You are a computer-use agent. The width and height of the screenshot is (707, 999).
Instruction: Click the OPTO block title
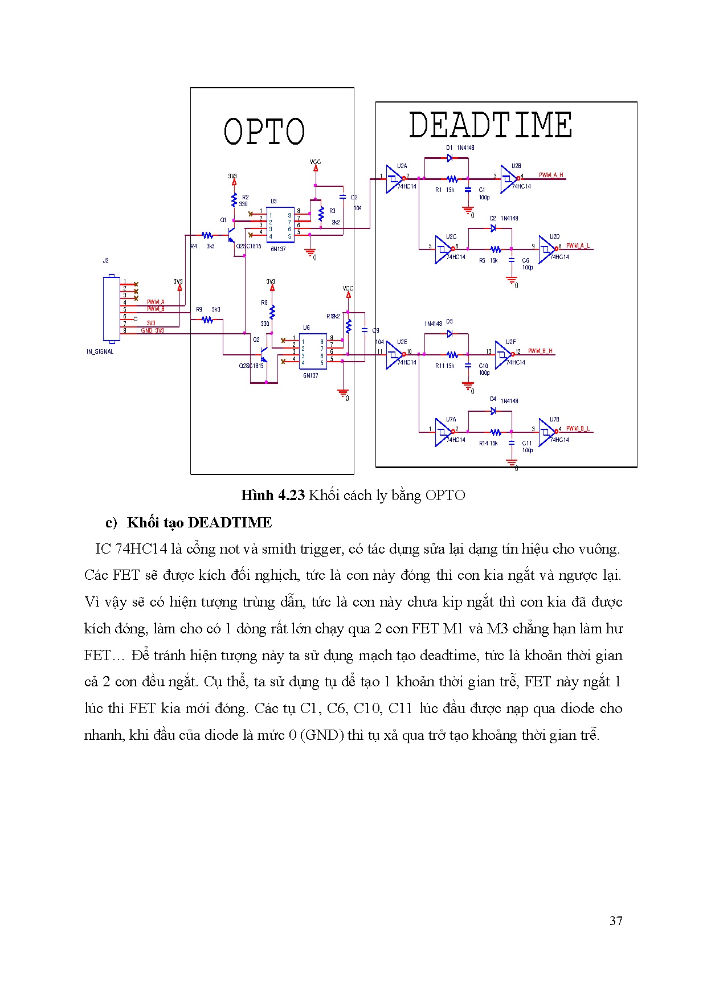[264, 132]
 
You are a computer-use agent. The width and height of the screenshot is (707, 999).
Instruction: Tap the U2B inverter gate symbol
[508, 179]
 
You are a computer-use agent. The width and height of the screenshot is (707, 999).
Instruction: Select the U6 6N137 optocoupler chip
[313, 351]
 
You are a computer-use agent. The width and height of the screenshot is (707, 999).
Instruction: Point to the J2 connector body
[111, 309]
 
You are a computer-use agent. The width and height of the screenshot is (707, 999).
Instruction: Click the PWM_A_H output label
[551, 175]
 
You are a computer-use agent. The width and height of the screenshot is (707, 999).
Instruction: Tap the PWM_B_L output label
[578, 429]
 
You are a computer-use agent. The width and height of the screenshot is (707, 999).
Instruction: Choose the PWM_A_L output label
[578, 246]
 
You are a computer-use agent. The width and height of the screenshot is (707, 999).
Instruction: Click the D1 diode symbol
[449, 158]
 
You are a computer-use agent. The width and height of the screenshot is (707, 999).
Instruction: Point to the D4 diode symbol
[493, 411]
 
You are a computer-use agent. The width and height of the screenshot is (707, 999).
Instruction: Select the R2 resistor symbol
[234, 199]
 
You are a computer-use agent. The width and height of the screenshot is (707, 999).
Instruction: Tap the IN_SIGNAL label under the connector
[100, 351]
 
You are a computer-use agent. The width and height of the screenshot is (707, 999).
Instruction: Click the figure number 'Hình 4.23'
[273, 495]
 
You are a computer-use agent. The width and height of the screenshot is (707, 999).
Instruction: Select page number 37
[616, 921]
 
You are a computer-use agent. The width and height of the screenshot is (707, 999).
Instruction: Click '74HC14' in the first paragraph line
[141, 549]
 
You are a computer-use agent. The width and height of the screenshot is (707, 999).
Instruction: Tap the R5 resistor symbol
[496, 249]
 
